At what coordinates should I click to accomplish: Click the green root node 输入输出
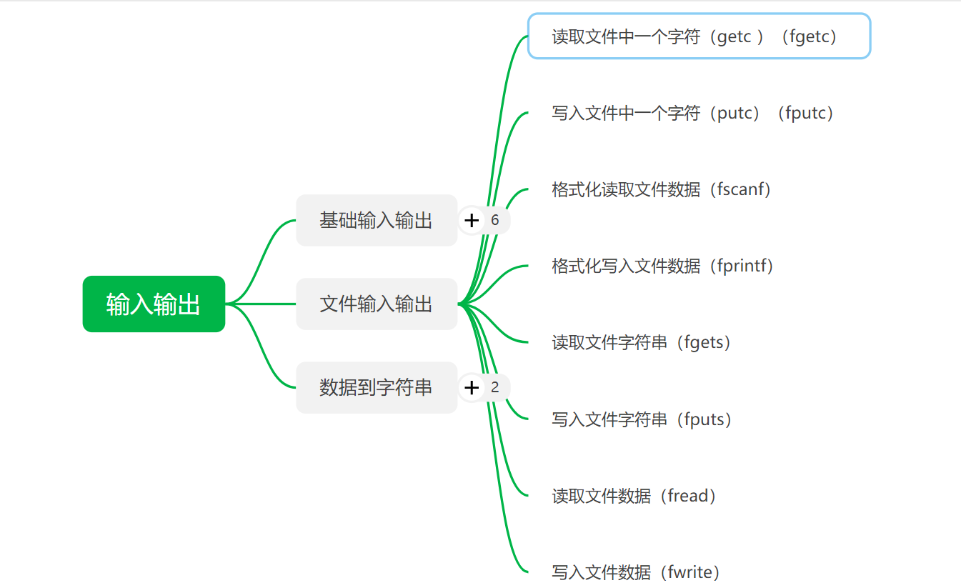[x=154, y=304]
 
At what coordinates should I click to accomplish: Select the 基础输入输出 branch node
[x=376, y=220]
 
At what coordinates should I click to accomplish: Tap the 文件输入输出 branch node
[x=376, y=304]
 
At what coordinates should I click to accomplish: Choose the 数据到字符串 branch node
[x=376, y=388]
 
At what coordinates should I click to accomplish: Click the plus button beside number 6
[x=471, y=221]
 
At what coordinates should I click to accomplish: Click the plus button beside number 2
[x=471, y=388]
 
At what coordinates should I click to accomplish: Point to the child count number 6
[x=495, y=221]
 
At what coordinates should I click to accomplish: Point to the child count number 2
[x=495, y=388]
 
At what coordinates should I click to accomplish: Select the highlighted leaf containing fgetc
[x=699, y=36]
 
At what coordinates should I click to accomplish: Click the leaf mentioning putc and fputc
[x=693, y=113]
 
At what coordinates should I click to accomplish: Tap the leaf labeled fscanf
[x=662, y=189]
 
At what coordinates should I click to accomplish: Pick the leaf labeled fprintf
[x=663, y=266]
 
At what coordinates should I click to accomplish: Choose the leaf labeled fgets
[x=642, y=342]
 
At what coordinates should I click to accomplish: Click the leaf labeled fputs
[x=642, y=419]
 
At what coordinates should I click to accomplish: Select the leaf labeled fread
[x=634, y=496]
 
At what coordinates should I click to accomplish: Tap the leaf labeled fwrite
[x=636, y=572]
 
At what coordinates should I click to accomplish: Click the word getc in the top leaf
[x=734, y=37]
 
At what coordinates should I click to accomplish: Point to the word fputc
[x=805, y=113]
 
